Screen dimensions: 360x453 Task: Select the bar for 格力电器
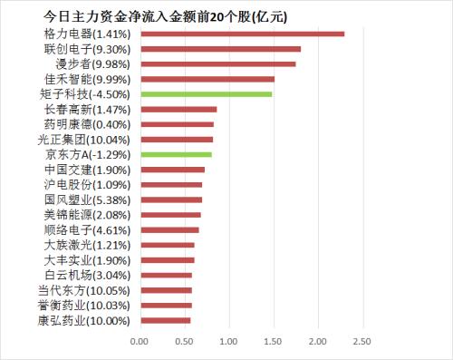tap(242, 34)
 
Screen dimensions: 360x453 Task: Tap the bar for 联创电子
tap(220, 49)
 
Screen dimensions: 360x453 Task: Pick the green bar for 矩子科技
tap(206, 94)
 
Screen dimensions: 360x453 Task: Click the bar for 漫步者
tap(217, 64)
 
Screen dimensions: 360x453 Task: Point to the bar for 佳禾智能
tap(207, 79)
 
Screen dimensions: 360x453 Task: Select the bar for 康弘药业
tap(165, 320)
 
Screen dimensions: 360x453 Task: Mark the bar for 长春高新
tap(178, 109)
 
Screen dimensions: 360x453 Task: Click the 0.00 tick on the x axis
tap(140, 341)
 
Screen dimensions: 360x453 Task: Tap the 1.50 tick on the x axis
tap(273, 341)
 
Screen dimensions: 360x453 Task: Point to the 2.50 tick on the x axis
tap(361, 341)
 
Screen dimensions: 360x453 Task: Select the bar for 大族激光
tap(167, 245)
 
